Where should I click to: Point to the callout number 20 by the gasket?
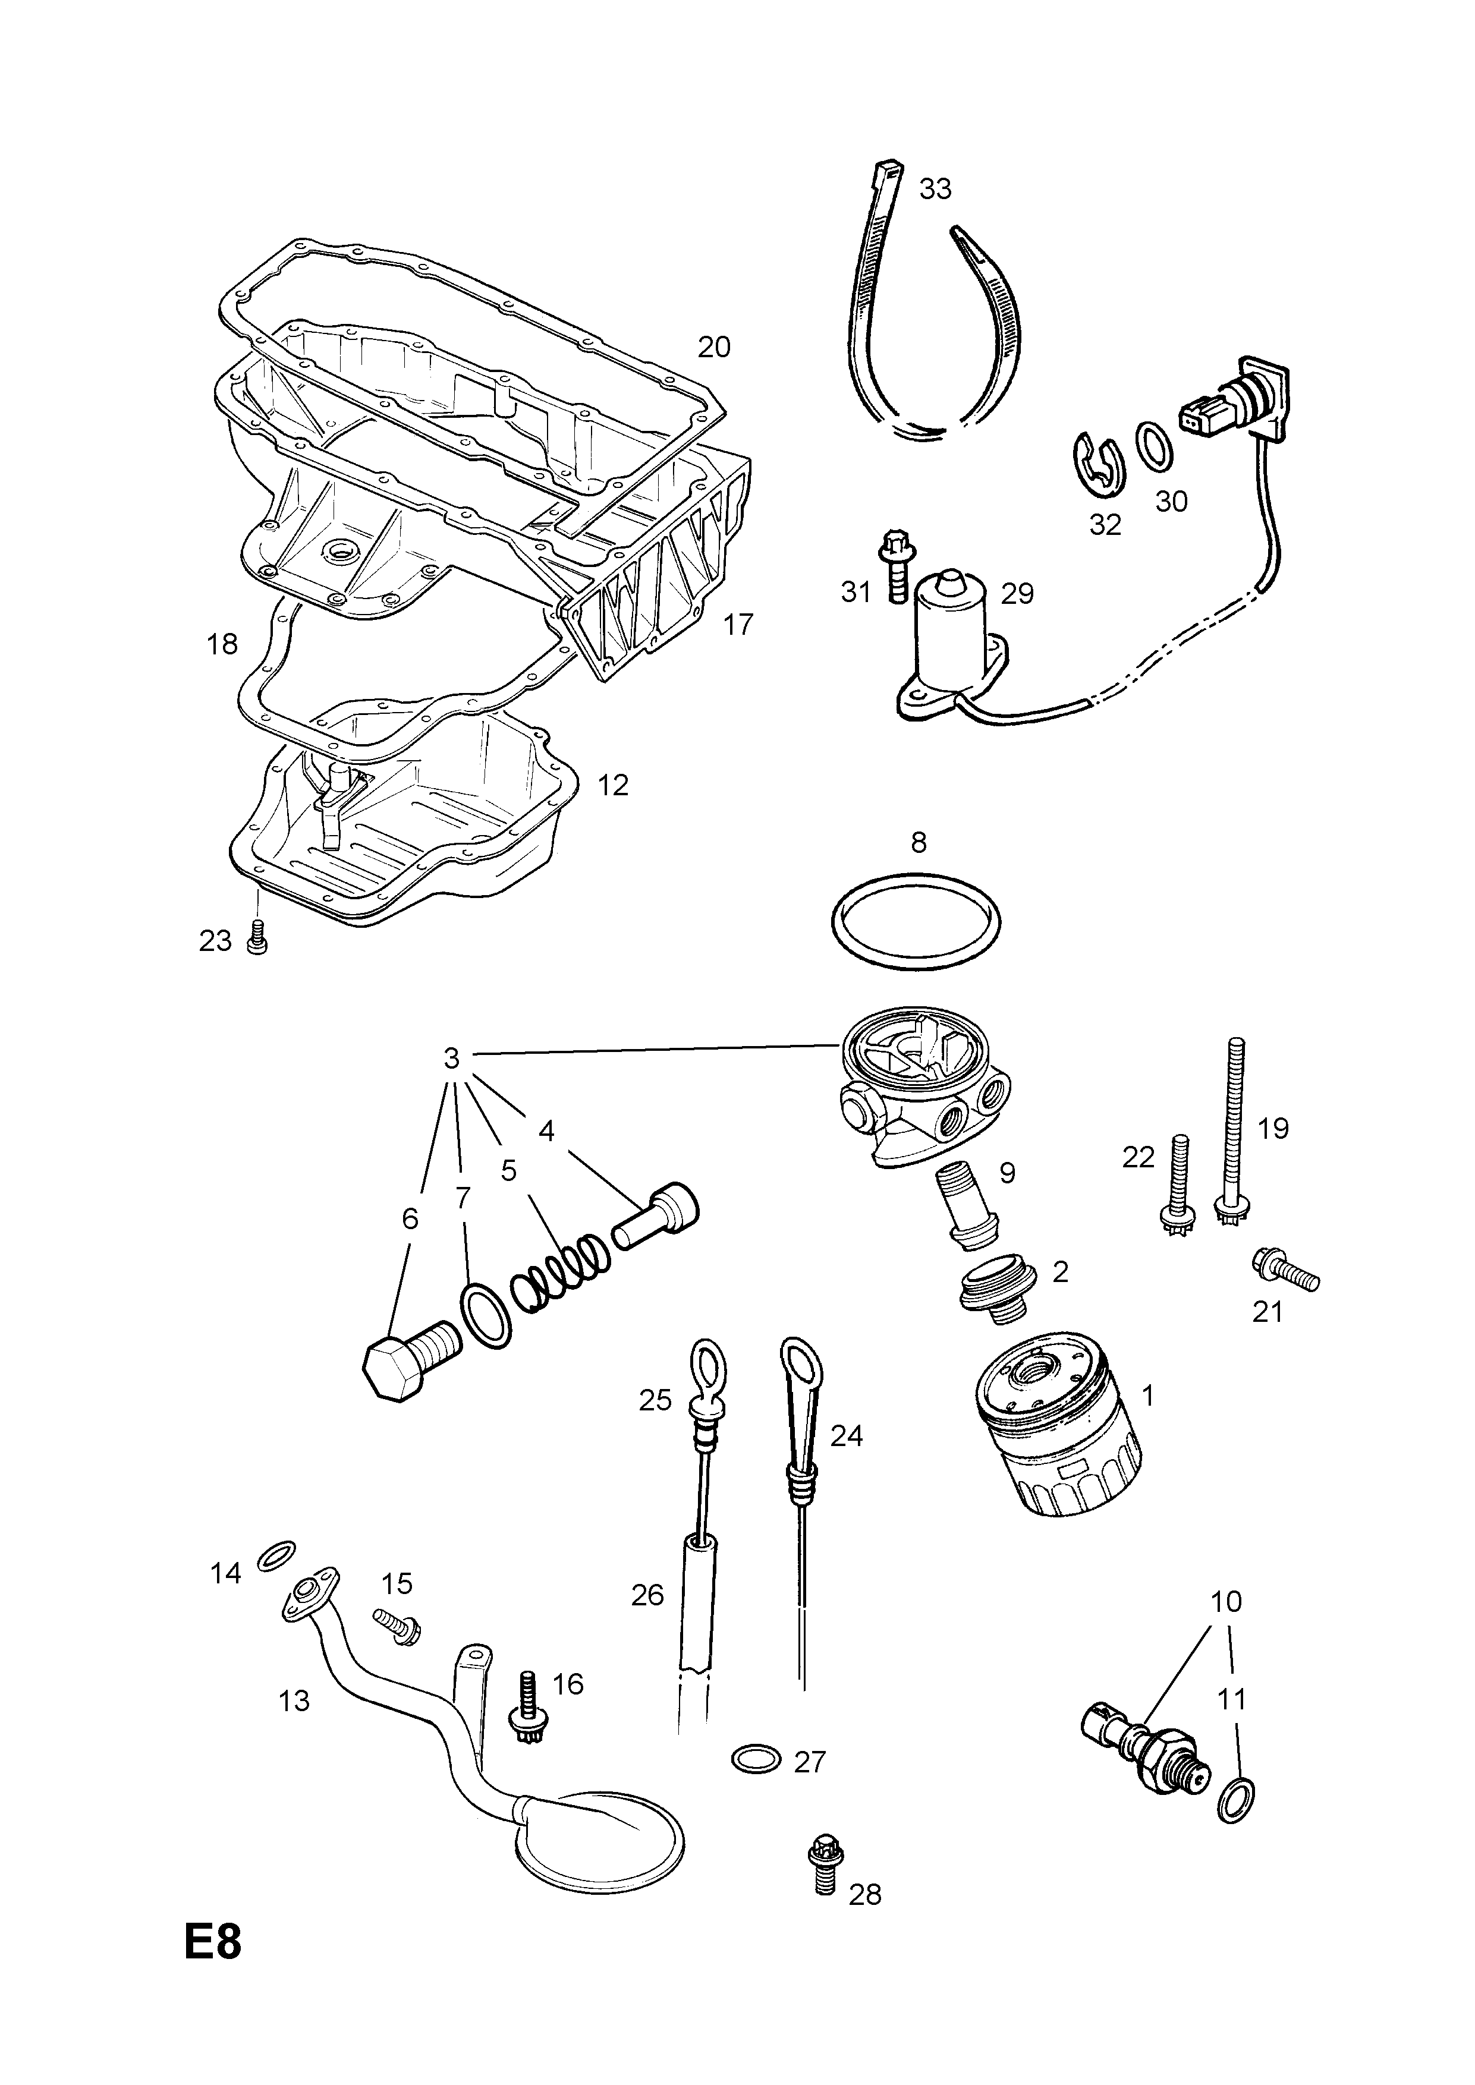(x=714, y=347)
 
